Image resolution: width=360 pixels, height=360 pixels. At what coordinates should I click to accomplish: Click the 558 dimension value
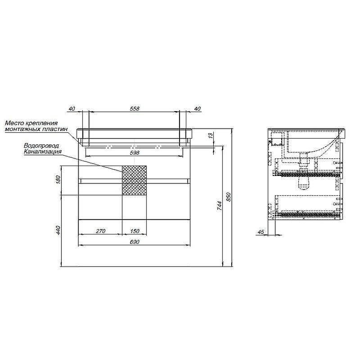135,108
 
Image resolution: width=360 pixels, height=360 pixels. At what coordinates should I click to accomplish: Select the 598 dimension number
135,153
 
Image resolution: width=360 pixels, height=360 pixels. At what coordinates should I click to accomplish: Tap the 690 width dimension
135,242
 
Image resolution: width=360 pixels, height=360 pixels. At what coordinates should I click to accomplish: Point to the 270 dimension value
100,231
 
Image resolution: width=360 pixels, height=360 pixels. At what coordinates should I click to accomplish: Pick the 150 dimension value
135,231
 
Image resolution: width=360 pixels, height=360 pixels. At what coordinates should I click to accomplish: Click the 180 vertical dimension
58,179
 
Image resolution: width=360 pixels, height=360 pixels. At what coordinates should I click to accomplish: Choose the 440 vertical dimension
58,230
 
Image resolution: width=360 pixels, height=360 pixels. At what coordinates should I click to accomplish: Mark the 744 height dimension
220,206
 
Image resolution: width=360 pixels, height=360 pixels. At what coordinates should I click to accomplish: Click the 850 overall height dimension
229,198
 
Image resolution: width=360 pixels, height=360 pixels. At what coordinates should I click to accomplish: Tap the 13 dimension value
211,135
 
